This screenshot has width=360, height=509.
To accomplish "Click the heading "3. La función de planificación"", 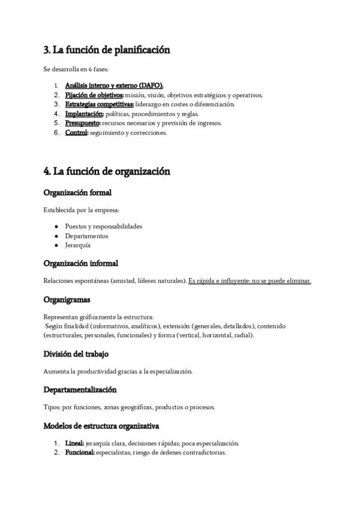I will [107, 50].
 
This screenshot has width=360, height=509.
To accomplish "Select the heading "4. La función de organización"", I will [107, 172].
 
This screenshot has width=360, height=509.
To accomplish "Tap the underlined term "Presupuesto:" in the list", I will [83, 123].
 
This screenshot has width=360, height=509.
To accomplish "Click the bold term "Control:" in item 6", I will [77, 133].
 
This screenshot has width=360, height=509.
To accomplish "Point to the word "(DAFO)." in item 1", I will [150, 85].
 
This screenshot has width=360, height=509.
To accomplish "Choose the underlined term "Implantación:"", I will [85, 113].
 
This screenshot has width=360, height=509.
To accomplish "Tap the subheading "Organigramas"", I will [67, 299].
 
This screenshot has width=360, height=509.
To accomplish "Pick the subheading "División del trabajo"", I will [76, 354].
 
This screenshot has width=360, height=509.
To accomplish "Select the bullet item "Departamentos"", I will [87, 236].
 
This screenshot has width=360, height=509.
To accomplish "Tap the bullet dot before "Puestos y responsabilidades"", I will [56, 226].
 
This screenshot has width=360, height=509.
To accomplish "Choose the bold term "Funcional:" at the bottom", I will [80, 453].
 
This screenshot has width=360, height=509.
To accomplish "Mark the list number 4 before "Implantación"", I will [56, 113].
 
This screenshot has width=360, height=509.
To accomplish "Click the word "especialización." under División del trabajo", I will [170, 371].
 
